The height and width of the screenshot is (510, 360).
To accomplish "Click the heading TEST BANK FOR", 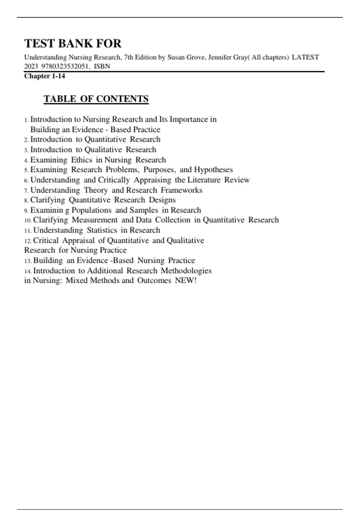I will tap(73, 43).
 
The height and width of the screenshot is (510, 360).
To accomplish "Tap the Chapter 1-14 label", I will tap(45, 76).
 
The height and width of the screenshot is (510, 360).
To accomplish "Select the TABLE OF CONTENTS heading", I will tap(96, 99).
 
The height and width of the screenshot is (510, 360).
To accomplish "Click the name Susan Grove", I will tap(186, 57).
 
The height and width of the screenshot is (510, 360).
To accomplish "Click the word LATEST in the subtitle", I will tap(305, 57).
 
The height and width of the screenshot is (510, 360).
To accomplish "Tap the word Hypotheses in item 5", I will tap(213, 170).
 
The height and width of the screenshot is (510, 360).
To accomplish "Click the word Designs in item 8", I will tap(162, 200).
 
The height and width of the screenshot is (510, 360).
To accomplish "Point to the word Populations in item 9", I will tap(91, 210).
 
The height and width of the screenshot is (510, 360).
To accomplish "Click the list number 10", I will tap(28, 220).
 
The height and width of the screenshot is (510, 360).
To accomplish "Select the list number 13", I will tap(28, 261).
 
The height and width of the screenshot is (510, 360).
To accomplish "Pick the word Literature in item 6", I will tap(204, 180).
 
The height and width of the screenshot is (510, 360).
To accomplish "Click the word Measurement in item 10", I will tap(95, 220).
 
